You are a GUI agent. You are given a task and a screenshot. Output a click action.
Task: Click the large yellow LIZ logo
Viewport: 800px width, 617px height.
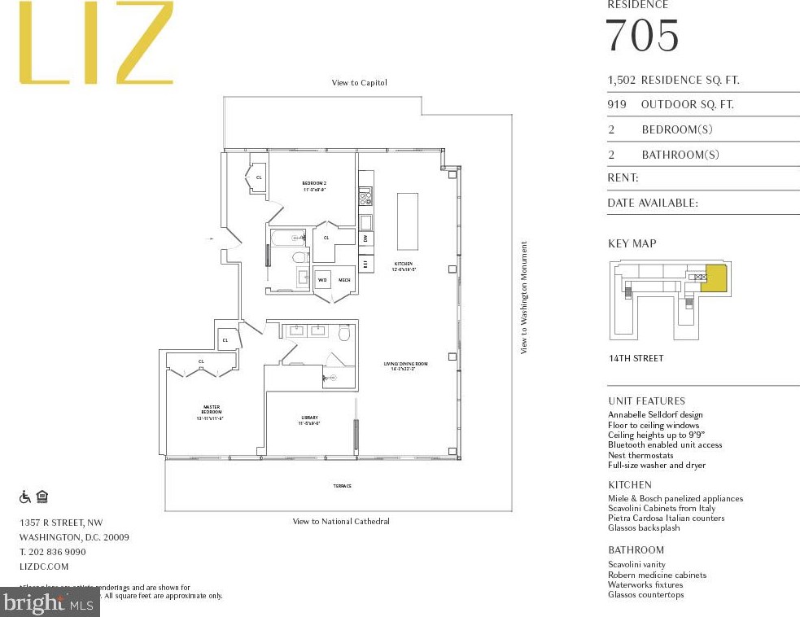[x=96, y=42]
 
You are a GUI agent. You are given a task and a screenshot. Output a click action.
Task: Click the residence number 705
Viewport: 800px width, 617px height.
[x=642, y=36]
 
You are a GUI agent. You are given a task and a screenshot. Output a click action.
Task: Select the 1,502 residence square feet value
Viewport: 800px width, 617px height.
[x=621, y=81]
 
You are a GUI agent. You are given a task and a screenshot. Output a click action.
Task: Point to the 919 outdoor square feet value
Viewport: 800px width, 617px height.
[x=618, y=105]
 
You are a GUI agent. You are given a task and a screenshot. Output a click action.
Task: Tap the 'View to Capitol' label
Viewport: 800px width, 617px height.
[x=359, y=83]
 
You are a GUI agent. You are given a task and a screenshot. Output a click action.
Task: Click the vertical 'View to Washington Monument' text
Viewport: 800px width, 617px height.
[x=525, y=297]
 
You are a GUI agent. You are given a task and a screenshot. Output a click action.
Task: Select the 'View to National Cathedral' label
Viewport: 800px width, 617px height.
[x=341, y=522]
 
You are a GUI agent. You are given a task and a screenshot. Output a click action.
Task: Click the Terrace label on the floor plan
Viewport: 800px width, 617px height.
[x=342, y=486]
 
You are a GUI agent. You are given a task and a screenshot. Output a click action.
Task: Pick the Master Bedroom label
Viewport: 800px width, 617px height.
[x=212, y=413]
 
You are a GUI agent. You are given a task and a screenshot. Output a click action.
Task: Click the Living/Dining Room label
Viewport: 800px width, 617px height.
[x=406, y=366]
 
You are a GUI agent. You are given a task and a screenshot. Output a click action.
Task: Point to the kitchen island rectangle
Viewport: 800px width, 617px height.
[x=407, y=221]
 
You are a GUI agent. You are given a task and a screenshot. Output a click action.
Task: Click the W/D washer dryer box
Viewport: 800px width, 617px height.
[x=322, y=280]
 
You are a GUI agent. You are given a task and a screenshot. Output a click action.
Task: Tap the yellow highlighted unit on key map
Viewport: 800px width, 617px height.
[x=714, y=278]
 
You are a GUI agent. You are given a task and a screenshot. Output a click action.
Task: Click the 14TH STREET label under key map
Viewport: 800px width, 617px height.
[x=636, y=358]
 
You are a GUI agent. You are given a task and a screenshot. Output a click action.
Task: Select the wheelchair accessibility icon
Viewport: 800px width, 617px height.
[x=25, y=497]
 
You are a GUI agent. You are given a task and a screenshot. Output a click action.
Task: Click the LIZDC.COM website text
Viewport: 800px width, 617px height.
[x=44, y=567]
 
